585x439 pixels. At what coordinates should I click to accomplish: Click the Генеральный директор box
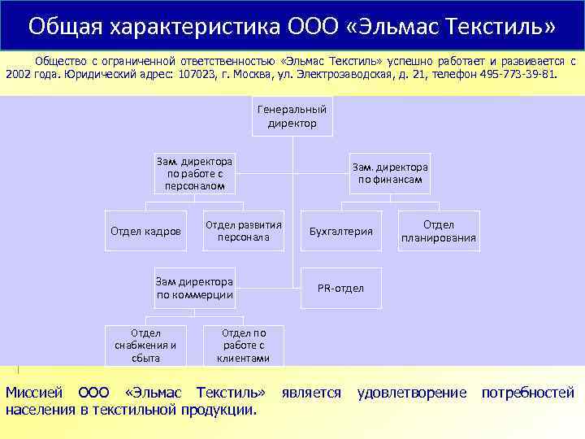point(292,116)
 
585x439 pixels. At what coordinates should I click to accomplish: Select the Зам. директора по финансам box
point(390,173)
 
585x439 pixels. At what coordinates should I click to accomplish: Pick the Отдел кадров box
point(145,232)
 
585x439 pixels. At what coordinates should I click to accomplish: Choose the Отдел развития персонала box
point(244,231)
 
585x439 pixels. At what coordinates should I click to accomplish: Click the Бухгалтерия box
point(341,232)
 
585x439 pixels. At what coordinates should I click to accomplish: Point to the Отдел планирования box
point(439,231)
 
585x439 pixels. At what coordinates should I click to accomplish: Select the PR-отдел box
point(341,289)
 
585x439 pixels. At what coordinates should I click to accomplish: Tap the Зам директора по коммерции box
point(195,288)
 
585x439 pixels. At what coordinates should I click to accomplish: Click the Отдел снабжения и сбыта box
point(145,345)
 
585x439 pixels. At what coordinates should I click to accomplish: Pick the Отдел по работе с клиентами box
point(244,345)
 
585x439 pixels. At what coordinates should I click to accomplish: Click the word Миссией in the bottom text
point(35,393)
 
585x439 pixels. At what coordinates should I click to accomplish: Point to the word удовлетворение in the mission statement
point(412,393)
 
